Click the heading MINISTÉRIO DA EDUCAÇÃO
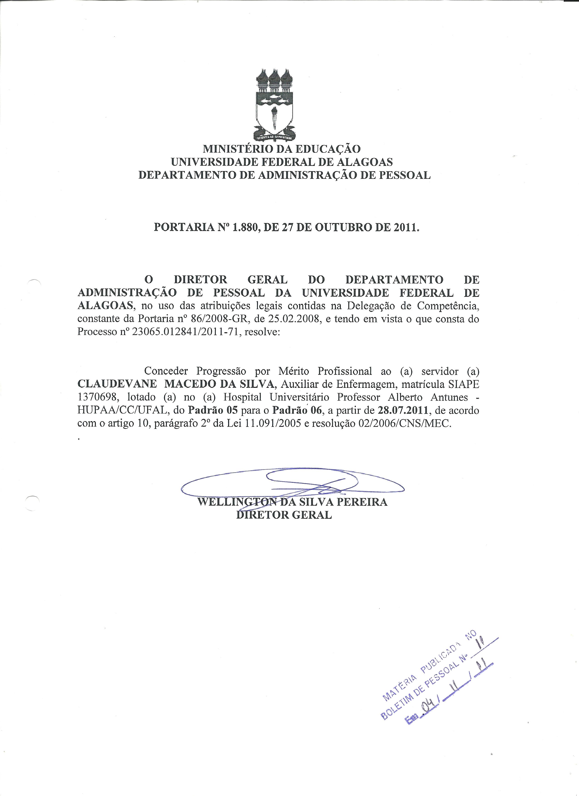click(x=282, y=149)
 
